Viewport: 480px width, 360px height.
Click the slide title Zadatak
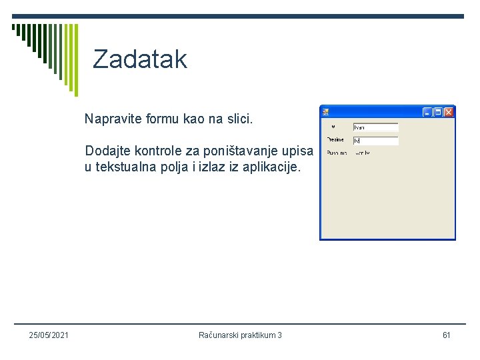[140, 59]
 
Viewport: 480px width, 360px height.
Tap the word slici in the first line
[238, 119]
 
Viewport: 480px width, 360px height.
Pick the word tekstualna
[131, 167]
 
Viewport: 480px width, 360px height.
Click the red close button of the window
[449, 112]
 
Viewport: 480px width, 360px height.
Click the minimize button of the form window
[428, 112]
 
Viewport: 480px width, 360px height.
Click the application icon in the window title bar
[325, 112]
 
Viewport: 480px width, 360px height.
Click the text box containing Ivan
[375, 127]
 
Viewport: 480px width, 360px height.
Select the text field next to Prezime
[375, 141]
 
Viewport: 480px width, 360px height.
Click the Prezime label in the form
[335, 140]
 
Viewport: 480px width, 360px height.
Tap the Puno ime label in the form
[337, 153]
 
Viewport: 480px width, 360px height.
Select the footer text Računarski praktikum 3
[240, 335]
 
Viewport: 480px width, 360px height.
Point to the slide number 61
[446, 335]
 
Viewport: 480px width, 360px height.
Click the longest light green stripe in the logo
[75, 60]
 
